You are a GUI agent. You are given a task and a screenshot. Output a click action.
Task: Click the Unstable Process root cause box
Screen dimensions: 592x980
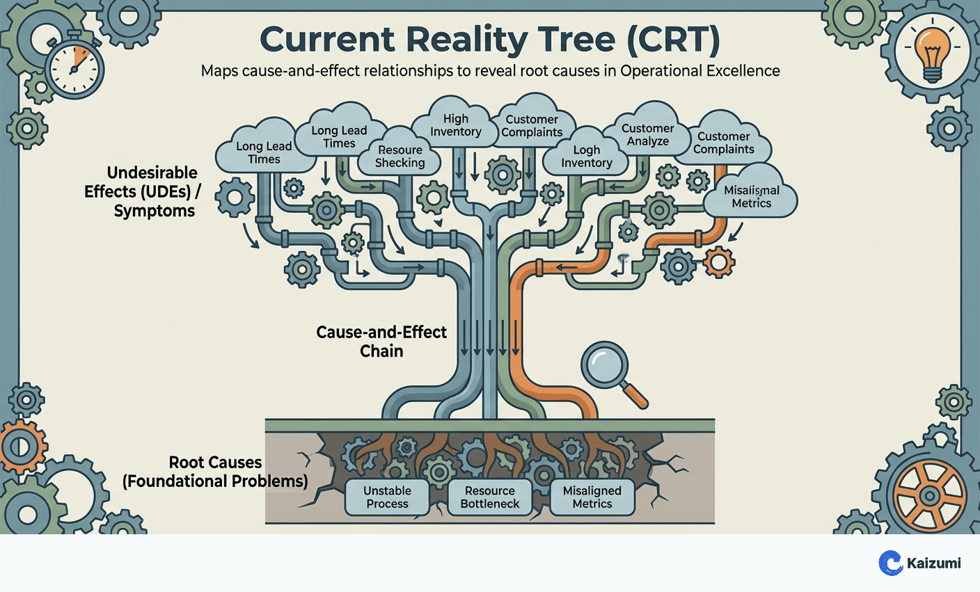(387, 497)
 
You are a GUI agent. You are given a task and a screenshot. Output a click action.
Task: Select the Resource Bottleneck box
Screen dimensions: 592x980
(489, 497)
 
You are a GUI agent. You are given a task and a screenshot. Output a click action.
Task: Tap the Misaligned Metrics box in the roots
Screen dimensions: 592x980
(592, 497)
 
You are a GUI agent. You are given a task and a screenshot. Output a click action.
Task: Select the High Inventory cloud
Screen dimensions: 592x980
(456, 125)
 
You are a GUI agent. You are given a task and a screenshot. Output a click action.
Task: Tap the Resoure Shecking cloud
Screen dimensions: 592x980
(400, 157)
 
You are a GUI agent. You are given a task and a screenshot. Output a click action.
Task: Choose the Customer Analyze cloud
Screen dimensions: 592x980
(647, 134)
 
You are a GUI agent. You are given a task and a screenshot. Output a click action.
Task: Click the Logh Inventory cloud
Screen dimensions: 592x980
(587, 157)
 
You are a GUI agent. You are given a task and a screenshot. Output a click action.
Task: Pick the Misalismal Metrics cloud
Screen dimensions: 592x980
(751, 196)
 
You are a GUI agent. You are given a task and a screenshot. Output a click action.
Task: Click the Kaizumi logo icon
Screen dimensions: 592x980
(891, 563)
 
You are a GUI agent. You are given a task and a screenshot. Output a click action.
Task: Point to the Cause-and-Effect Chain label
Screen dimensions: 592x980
(381, 341)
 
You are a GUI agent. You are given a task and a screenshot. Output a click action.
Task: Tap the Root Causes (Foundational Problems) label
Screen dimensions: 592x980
(215, 472)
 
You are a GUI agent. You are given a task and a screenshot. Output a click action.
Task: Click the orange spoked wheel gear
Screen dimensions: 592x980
(929, 496)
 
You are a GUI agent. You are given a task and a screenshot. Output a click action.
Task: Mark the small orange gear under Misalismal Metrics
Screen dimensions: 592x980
(718, 262)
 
